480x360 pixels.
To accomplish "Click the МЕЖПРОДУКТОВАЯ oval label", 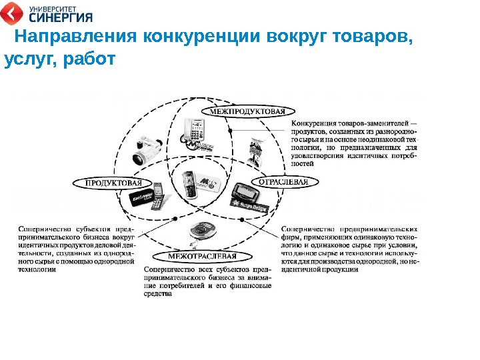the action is (248, 111).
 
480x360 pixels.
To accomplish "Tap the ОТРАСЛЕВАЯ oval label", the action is (283, 181).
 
